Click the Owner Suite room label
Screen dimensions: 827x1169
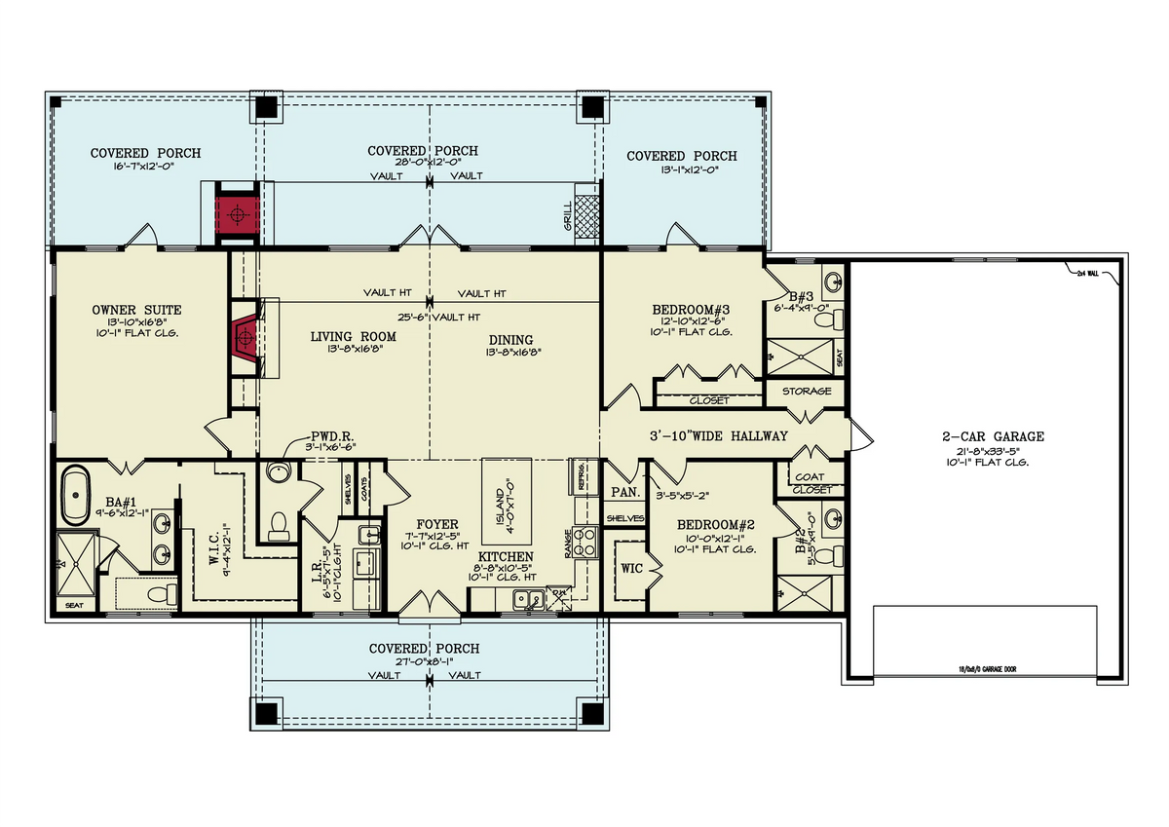137,310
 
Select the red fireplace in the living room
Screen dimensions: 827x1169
245,337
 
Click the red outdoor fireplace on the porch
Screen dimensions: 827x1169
235,209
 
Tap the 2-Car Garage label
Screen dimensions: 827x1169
986,437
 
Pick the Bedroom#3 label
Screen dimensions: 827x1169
691,310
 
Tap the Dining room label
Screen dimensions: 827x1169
512,339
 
